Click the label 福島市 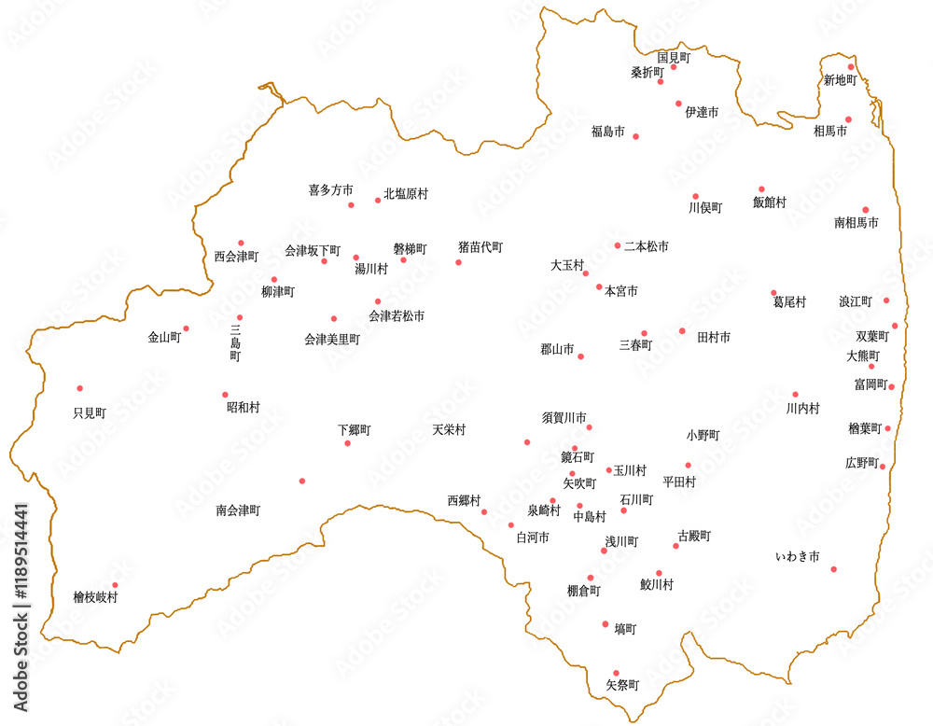tap(607, 132)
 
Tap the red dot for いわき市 tap(833, 569)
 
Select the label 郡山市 tap(557, 350)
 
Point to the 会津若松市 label tap(397, 316)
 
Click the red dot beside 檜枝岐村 tap(115, 585)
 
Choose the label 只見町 tap(90, 412)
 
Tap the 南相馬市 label tap(856, 224)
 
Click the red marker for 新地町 tap(851, 67)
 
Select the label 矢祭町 tap(622, 685)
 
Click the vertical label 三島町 tap(235, 342)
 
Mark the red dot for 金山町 tap(186, 328)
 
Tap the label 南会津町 tap(238, 510)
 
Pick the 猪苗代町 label tap(480, 247)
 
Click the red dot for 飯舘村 tap(761, 189)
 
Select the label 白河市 tap(533, 538)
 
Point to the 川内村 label tap(802, 409)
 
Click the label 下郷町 tap(355, 430)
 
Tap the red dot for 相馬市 tap(848, 119)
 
